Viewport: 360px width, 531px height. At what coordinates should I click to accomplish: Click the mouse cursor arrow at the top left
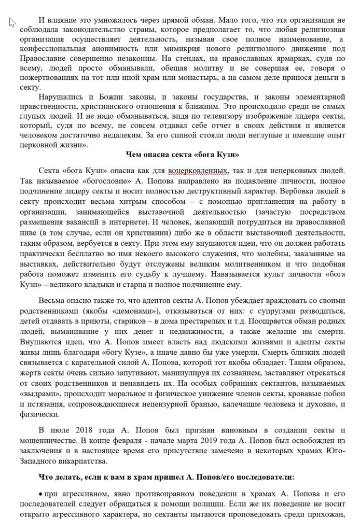12,22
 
